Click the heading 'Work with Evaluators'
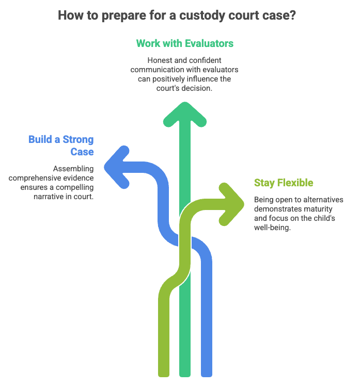point(185,43)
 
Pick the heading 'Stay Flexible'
point(284,183)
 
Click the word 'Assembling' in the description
point(74,168)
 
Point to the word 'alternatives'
point(322,200)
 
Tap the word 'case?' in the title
point(282,14)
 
